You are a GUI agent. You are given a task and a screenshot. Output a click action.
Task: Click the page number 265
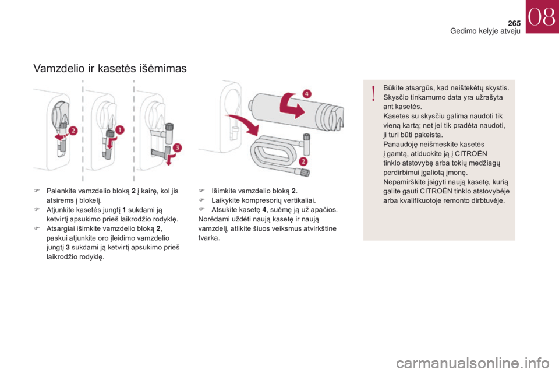coord(514,23)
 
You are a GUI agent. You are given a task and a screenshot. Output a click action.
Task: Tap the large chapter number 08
coord(542,17)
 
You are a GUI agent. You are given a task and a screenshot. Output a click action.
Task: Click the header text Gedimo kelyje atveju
coord(485,31)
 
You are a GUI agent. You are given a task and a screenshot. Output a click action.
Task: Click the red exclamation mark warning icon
coord(373,93)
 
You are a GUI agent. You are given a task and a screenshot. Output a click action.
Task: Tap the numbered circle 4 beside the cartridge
coord(307,93)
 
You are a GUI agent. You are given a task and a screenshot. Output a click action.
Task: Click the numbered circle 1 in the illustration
coord(120,129)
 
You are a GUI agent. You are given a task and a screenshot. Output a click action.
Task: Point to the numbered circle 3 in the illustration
coord(177,148)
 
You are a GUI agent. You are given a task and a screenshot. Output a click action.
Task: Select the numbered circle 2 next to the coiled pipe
coord(303,161)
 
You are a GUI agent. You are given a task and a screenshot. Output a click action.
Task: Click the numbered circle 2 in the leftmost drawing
coord(73,131)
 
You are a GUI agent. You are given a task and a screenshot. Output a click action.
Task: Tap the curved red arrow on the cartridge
coord(292,105)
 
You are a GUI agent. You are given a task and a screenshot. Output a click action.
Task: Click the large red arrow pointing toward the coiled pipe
coord(245,125)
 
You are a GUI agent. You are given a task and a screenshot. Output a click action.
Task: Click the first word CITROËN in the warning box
coord(471,154)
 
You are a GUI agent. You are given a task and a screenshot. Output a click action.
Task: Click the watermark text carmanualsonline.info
coord(472,363)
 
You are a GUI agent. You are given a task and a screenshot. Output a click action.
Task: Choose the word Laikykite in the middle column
coord(226,200)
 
